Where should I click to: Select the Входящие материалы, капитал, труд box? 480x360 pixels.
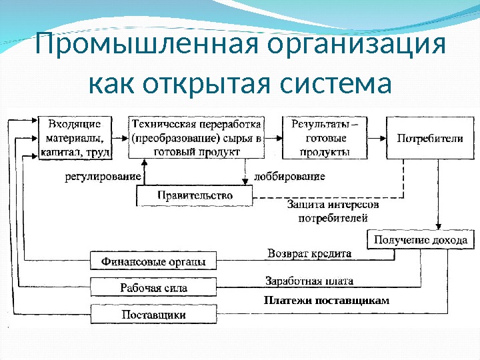75,138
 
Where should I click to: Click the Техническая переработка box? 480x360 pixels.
196,138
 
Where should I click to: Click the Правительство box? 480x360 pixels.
195,195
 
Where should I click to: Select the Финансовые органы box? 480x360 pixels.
153,260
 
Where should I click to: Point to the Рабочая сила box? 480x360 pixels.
153,287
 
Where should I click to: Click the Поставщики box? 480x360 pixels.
153,313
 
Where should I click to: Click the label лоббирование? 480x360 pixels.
289,177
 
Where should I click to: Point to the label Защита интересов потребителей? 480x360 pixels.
333,210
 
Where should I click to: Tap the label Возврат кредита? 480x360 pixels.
309,254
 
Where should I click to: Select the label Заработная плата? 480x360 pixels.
309,281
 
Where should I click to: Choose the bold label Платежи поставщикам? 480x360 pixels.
326,301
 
